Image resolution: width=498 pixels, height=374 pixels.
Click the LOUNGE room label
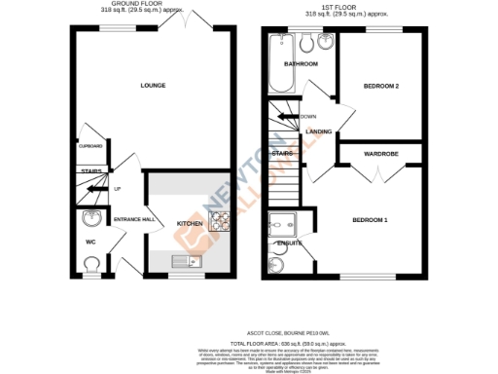[152, 86]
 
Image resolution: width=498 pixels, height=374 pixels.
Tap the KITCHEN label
[189, 224]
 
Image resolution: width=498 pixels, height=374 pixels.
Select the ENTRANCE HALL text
[134, 220]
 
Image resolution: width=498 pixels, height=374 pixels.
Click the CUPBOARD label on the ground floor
[89, 146]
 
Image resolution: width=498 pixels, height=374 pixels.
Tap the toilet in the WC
[90, 263]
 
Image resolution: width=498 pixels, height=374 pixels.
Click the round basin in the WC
[91, 218]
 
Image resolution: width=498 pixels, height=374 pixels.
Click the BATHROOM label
[301, 64]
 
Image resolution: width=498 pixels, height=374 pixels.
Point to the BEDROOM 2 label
[382, 86]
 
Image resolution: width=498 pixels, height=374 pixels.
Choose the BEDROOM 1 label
[371, 220]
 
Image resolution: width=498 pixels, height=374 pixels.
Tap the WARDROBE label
[379, 154]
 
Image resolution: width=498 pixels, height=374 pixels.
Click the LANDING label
[319, 131]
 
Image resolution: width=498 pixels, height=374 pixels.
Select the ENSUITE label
[290, 243]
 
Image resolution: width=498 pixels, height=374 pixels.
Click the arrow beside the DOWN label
[289, 117]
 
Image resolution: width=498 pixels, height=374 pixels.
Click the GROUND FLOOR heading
[135, 4]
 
